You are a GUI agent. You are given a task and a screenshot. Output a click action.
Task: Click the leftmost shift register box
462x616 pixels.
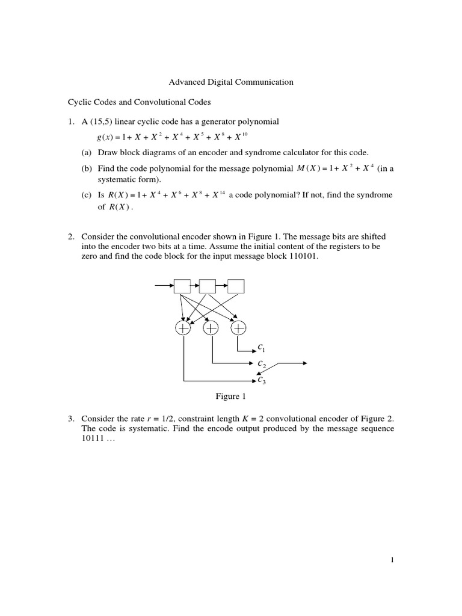click(x=182, y=286)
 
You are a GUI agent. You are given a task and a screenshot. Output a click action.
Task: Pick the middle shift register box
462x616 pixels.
click(x=208, y=286)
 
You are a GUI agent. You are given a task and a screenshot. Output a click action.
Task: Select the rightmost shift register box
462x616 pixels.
click(x=236, y=286)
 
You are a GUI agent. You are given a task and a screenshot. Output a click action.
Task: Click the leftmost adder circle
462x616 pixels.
click(x=183, y=328)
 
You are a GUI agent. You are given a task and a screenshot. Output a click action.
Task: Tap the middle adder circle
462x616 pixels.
click(x=211, y=328)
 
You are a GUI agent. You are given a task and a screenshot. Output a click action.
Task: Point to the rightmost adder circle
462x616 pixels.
click(x=239, y=328)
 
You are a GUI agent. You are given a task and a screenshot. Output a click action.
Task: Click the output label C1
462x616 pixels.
click(x=262, y=348)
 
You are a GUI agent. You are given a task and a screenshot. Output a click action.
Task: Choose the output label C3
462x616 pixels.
click(x=262, y=380)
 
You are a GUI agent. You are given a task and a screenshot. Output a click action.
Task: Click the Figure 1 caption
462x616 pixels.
click(x=231, y=397)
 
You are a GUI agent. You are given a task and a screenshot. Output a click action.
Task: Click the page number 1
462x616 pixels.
click(x=392, y=561)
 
